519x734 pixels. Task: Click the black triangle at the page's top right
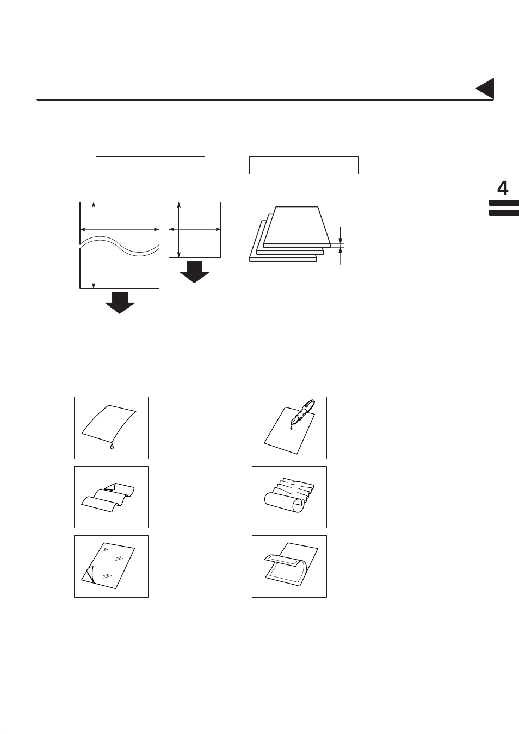click(x=486, y=89)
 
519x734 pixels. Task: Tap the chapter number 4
click(x=503, y=189)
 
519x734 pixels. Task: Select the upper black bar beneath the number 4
click(x=503, y=204)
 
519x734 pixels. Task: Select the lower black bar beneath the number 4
click(x=503, y=213)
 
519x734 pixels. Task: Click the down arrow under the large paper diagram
click(x=120, y=303)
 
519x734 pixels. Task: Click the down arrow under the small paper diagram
click(x=194, y=272)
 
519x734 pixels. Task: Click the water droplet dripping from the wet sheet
click(x=112, y=447)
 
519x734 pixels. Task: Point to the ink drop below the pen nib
click(x=291, y=428)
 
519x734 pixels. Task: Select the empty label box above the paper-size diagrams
click(x=150, y=165)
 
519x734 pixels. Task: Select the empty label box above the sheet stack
click(x=304, y=165)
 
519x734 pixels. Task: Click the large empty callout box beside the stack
click(x=391, y=241)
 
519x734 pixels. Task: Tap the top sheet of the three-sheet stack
click(x=297, y=226)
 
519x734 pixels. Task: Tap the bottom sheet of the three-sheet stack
click(x=283, y=259)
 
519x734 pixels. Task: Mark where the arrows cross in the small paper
click(x=179, y=229)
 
